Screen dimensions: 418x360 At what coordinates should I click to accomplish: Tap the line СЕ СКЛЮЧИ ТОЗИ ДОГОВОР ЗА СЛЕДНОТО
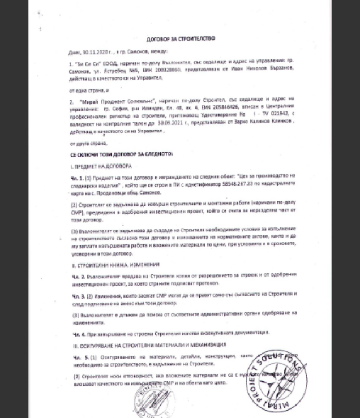[x=121, y=154]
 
